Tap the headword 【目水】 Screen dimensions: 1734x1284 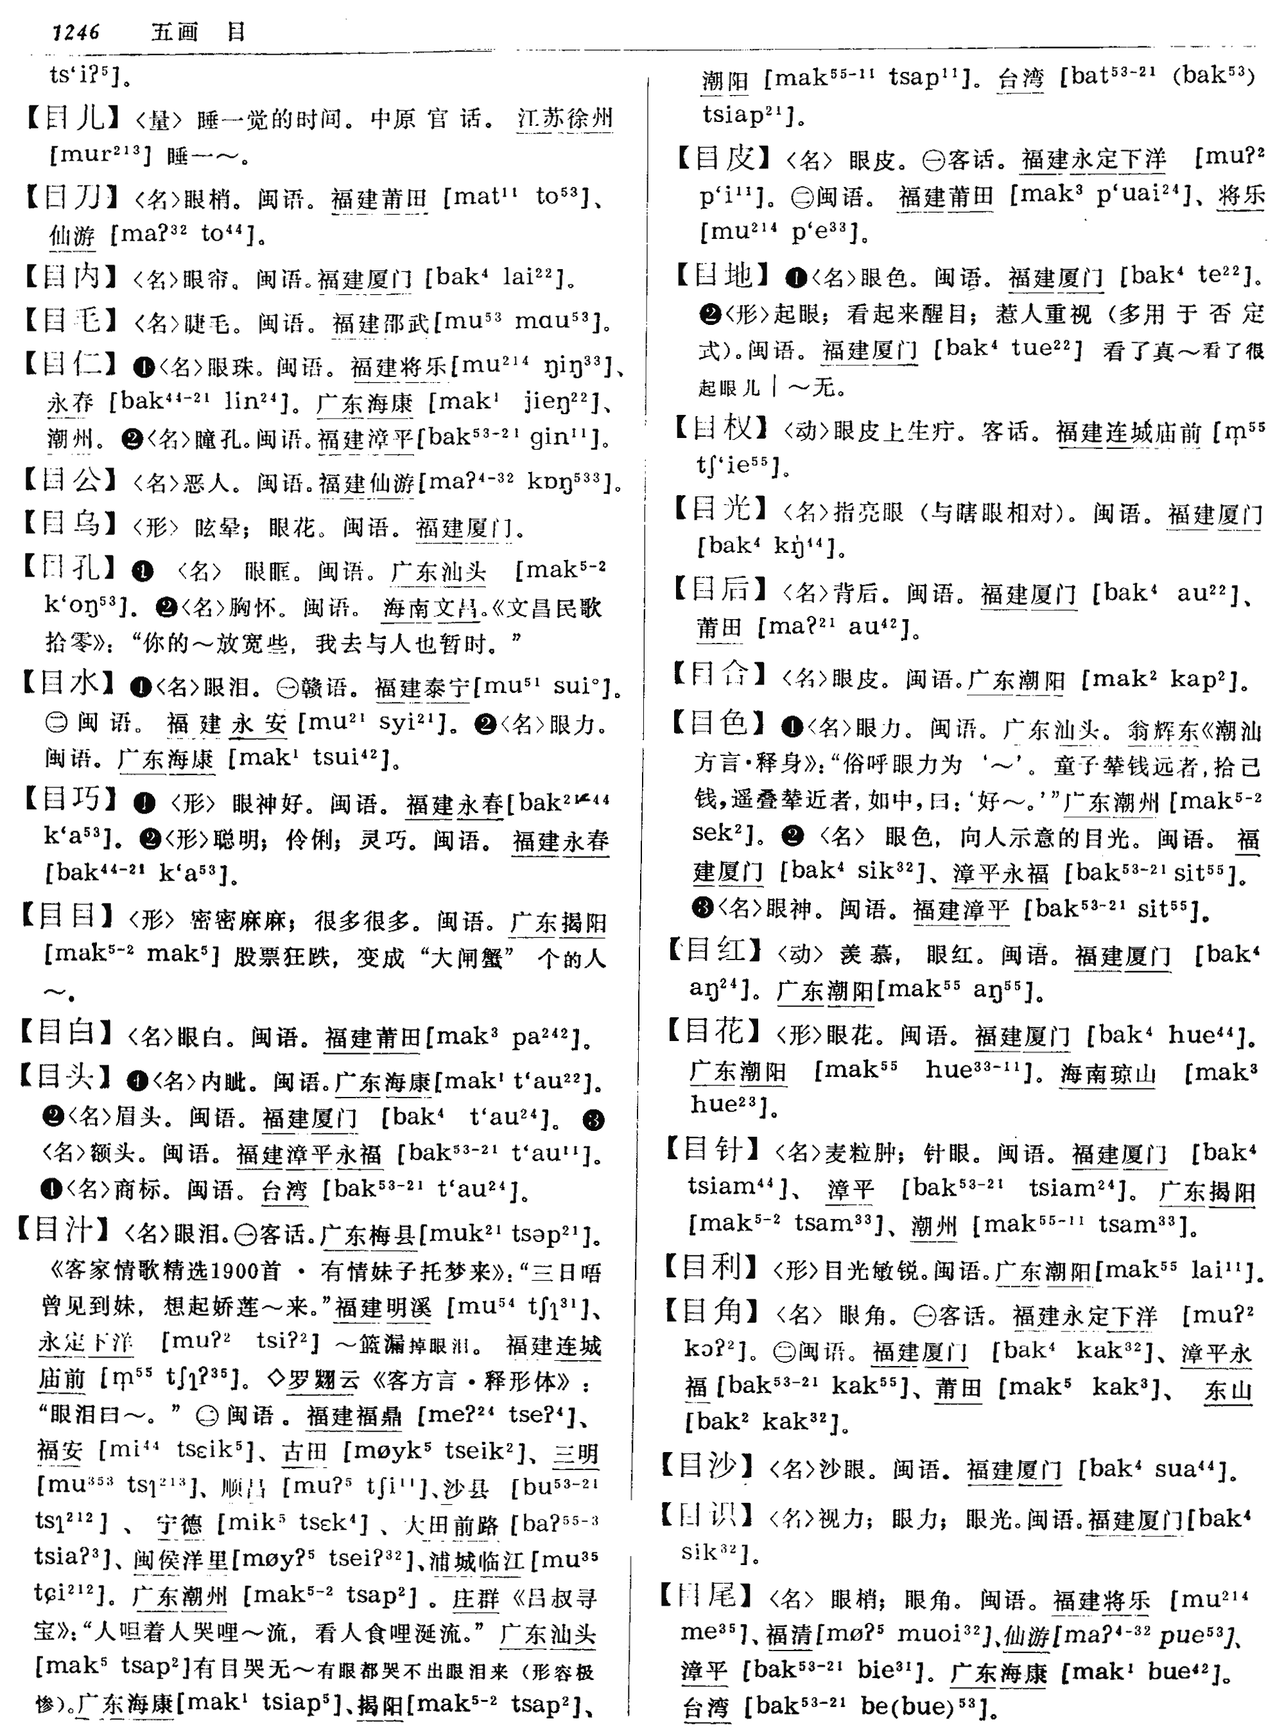(69, 684)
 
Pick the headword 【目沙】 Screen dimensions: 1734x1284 (707, 1466)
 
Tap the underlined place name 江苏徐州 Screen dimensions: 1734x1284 (565, 119)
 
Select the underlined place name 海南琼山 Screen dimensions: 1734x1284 (1107, 1074)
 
